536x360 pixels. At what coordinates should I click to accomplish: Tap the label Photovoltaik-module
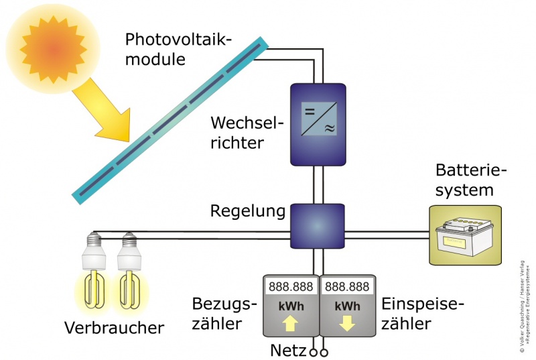(x=177, y=49)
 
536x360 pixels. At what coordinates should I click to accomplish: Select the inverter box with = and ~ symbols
(x=318, y=124)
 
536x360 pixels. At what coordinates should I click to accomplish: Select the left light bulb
(x=94, y=275)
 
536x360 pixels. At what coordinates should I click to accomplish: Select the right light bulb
(x=129, y=275)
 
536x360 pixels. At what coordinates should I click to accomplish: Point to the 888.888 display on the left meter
(x=291, y=287)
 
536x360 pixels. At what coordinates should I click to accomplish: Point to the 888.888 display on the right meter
(x=347, y=287)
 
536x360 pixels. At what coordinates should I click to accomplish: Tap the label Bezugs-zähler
(x=224, y=314)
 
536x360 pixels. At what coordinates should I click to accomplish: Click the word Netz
(x=288, y=350)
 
